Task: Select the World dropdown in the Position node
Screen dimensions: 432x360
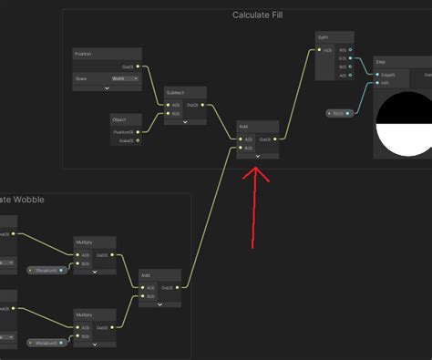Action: point(125,79)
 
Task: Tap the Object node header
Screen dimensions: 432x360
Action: point(125,119)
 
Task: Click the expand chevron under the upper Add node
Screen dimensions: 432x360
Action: point(257,156)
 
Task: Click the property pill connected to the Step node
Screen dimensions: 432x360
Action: point(338,113)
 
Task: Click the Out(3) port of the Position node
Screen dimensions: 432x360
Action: point(137,67)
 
